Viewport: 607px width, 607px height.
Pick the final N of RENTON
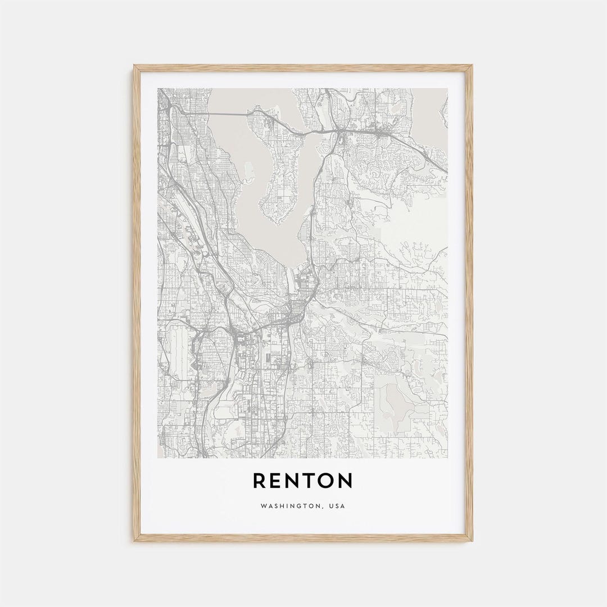pos(345,481)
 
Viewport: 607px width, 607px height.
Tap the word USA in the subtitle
pos(337,506)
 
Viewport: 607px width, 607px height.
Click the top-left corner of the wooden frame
pos(135,66)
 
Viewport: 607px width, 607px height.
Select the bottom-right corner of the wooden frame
pos(471,540)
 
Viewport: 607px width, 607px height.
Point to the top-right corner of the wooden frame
pos(471,66)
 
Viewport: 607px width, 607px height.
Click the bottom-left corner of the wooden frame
pos(135,540)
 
